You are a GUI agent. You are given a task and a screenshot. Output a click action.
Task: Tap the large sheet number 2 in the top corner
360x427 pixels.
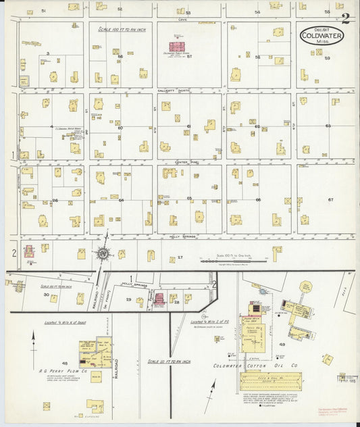tap(346, 18)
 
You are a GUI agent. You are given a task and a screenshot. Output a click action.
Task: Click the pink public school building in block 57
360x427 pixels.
tap(177, 47)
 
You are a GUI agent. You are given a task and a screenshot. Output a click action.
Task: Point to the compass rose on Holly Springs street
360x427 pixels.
tap(103, 253)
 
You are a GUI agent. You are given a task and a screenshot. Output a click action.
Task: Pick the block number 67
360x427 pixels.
tap(330, 200)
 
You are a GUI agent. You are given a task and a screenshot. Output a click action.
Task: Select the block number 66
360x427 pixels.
tap(258, 200)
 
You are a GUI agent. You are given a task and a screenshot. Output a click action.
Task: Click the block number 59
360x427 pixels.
tap(327, 58)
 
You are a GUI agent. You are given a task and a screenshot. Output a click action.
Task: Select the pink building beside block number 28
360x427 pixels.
tap(160, 299)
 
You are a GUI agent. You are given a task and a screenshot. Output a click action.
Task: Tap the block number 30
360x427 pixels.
tap(47, 295)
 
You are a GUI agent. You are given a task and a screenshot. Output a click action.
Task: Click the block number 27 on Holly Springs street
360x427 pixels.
tap(180, 258)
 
